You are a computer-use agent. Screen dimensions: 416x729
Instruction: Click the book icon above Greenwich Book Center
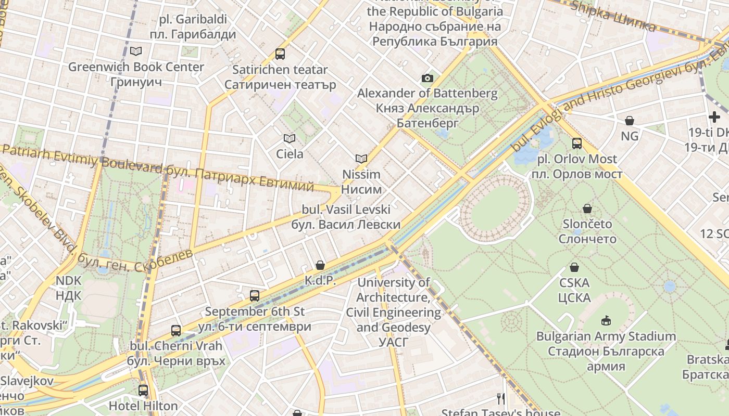click(136, 51)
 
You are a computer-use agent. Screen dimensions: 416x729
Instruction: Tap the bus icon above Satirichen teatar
click(280, 54)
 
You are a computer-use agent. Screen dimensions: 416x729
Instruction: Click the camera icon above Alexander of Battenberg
click(427, 78)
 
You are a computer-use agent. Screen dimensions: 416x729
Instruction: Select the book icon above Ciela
click(289, 138)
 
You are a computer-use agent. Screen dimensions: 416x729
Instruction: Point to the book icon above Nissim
click(361, 159)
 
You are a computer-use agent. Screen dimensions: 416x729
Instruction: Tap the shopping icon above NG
click(629, 121)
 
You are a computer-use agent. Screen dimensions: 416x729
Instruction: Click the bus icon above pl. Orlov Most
click(576, 143)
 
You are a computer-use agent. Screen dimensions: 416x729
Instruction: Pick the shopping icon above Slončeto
click(587, 209)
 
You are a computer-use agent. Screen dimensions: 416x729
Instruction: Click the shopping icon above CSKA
click(574, 267)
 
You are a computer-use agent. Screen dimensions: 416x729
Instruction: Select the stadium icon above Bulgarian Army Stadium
click(606, 320)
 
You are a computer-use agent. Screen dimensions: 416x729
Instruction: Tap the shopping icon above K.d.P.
click(320, 265)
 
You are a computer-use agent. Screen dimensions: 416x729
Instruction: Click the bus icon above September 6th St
click(254, 295)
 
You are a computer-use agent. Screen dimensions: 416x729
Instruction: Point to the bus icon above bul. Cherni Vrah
click(176, 330)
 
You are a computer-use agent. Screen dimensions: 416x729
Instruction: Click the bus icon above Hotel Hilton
click(143, 390)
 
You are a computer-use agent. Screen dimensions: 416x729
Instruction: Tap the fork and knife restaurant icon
click(501, 398)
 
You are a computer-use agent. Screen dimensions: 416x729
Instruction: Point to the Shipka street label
click(612, 16)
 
